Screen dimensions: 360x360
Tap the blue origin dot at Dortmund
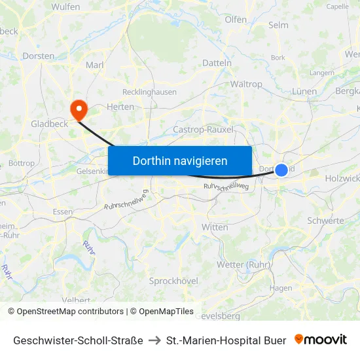point(281,170)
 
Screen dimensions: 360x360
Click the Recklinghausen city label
point(149,92)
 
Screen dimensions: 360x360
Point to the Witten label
point(215,227)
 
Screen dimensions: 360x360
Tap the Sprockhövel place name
point(173,281)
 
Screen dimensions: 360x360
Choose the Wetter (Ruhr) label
point(244,264)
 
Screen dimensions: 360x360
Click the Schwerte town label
point(325,221)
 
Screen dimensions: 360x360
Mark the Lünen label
point(304,92)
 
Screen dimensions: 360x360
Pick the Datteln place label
point(217,63)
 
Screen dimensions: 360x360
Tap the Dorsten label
point(39,56)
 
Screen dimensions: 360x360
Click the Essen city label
point(63,212)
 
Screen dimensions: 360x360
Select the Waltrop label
point(246,84)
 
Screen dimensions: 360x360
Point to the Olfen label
point(236,20)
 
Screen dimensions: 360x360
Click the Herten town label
point(120,107)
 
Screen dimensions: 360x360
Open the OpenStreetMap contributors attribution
point(70,312)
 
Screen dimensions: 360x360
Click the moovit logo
point(321,340)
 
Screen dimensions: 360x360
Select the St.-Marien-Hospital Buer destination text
point(226,340)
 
